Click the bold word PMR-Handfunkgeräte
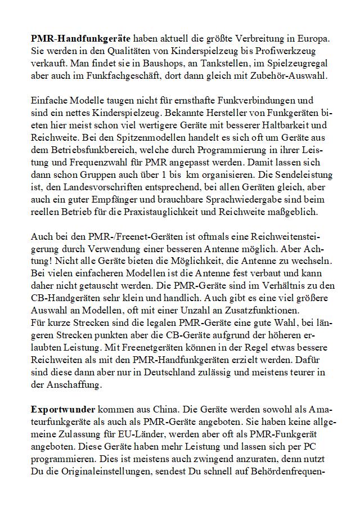click(81, 39)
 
